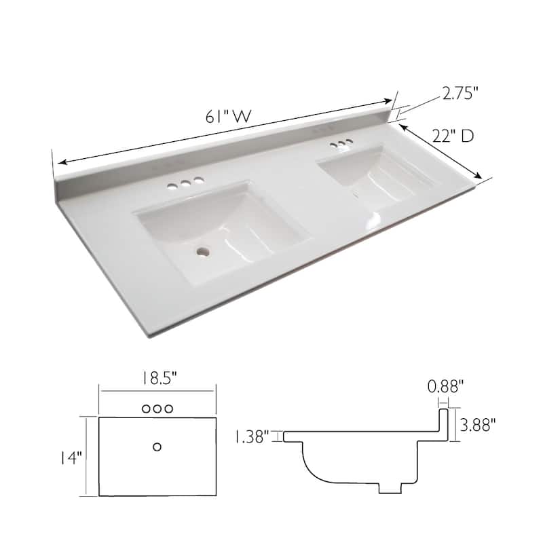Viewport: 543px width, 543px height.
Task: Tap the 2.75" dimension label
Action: [461, 94]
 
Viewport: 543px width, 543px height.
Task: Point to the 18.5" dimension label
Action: [157, 377]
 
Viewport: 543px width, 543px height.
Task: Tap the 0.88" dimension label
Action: [446, 387]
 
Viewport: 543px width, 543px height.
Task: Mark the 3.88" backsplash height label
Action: [478, 425]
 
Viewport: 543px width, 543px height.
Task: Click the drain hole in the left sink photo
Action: [202, 251]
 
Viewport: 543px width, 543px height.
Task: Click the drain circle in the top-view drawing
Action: [157, 446]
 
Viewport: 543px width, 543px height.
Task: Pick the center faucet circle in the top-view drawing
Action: [157, 409]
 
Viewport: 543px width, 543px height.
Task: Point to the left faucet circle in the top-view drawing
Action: [146, 409]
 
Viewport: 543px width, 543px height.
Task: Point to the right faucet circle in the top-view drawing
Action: [169, 409]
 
